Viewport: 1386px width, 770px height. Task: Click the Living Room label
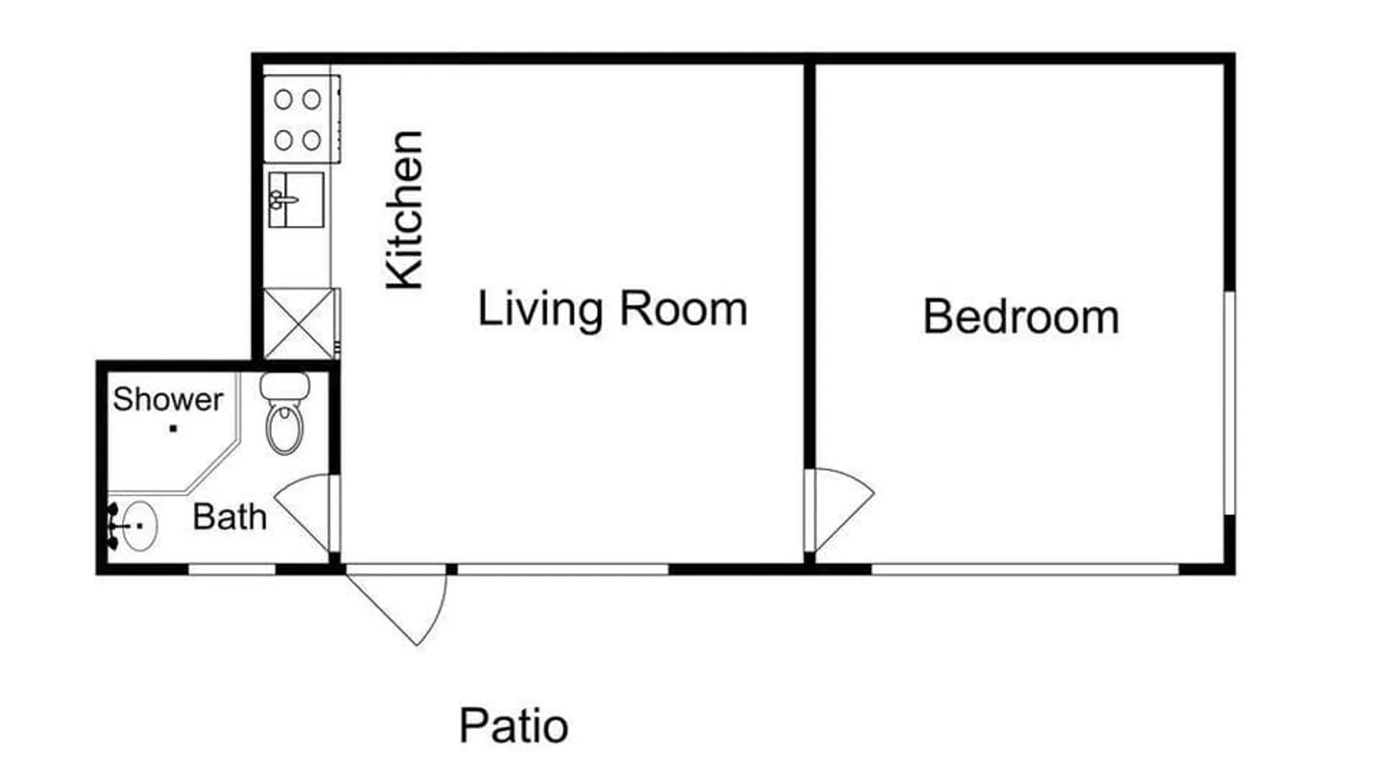click(x=613, y=309)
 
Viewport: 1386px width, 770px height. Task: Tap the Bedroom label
click(x=1021, y=316)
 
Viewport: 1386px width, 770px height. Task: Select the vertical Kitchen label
click(x=405, y=210)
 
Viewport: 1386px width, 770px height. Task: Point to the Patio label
click(x=514, y=725)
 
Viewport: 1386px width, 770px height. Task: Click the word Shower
click(x=168, y=399)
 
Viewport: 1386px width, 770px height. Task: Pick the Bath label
click(x=229, y=517)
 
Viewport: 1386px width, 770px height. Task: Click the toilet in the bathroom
click(x=285, y=413)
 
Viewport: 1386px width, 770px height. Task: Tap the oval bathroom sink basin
click(x=139, y=525)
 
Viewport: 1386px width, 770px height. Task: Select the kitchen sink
click(x=296, y=199)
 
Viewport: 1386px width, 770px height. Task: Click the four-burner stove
click(x=302, y=119)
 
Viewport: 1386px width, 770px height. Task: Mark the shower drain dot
click(x=173, y=429)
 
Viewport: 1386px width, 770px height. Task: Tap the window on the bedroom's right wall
click(x=1230, y=403)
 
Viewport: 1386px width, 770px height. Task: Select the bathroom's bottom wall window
click(x=232, y=569)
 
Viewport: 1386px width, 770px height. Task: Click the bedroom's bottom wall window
click(x=1025, y=569)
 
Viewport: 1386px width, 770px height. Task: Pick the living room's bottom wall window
click(x=563, y=569)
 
